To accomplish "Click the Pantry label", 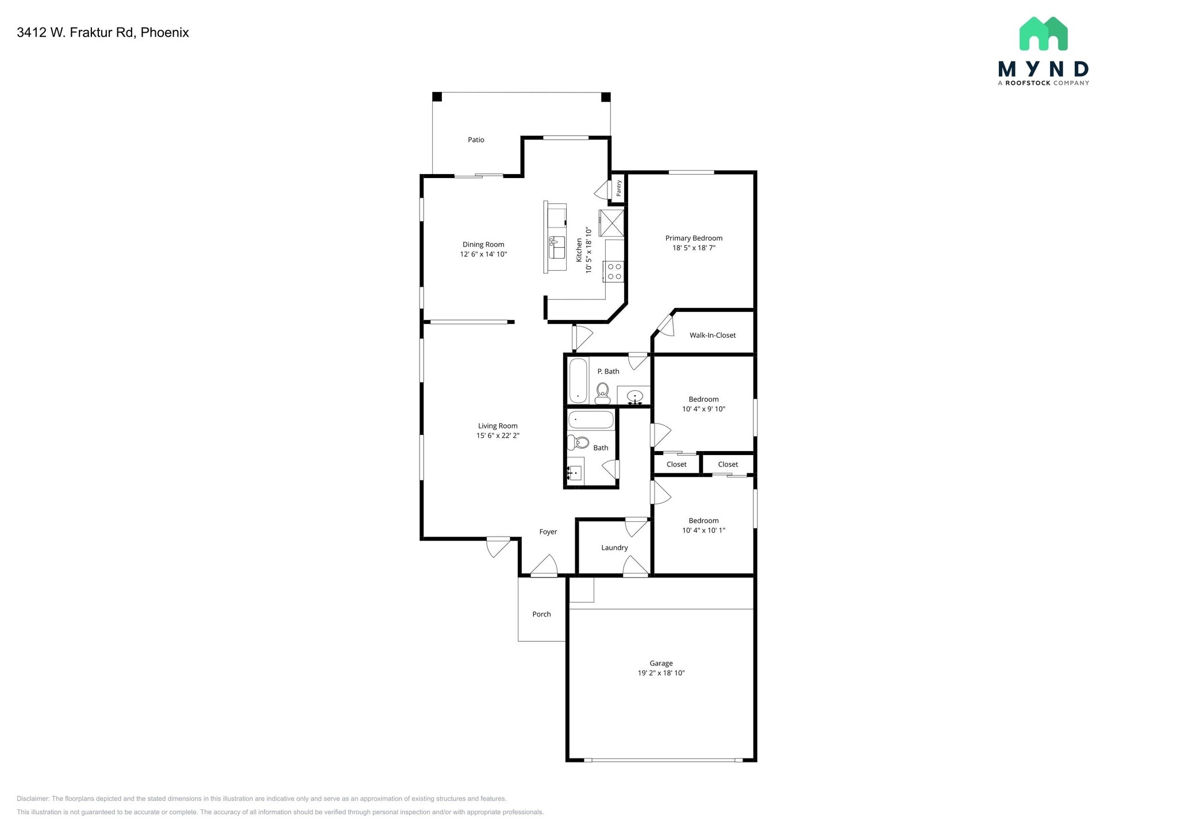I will coord(619,188).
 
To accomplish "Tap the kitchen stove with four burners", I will coord(614,272).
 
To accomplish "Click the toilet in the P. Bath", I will coord(602,392).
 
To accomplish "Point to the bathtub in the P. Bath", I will coord(578,380).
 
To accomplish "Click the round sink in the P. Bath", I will coord(634,396).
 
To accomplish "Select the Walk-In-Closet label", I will coord(712,335).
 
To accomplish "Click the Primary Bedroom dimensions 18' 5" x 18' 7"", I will coord(694,248).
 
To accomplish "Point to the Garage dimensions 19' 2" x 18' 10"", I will coord(661,673).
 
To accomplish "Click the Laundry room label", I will coord(614,548).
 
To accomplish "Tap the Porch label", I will coord(541,614).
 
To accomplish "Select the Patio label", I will coord(476,140).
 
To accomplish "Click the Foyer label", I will coord(548,532).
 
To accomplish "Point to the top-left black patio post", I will coord(437,97).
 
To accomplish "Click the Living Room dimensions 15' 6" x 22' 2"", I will coord(498,436).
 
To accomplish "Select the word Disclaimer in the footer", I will coord(33,799).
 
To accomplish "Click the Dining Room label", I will coord(483,244).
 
